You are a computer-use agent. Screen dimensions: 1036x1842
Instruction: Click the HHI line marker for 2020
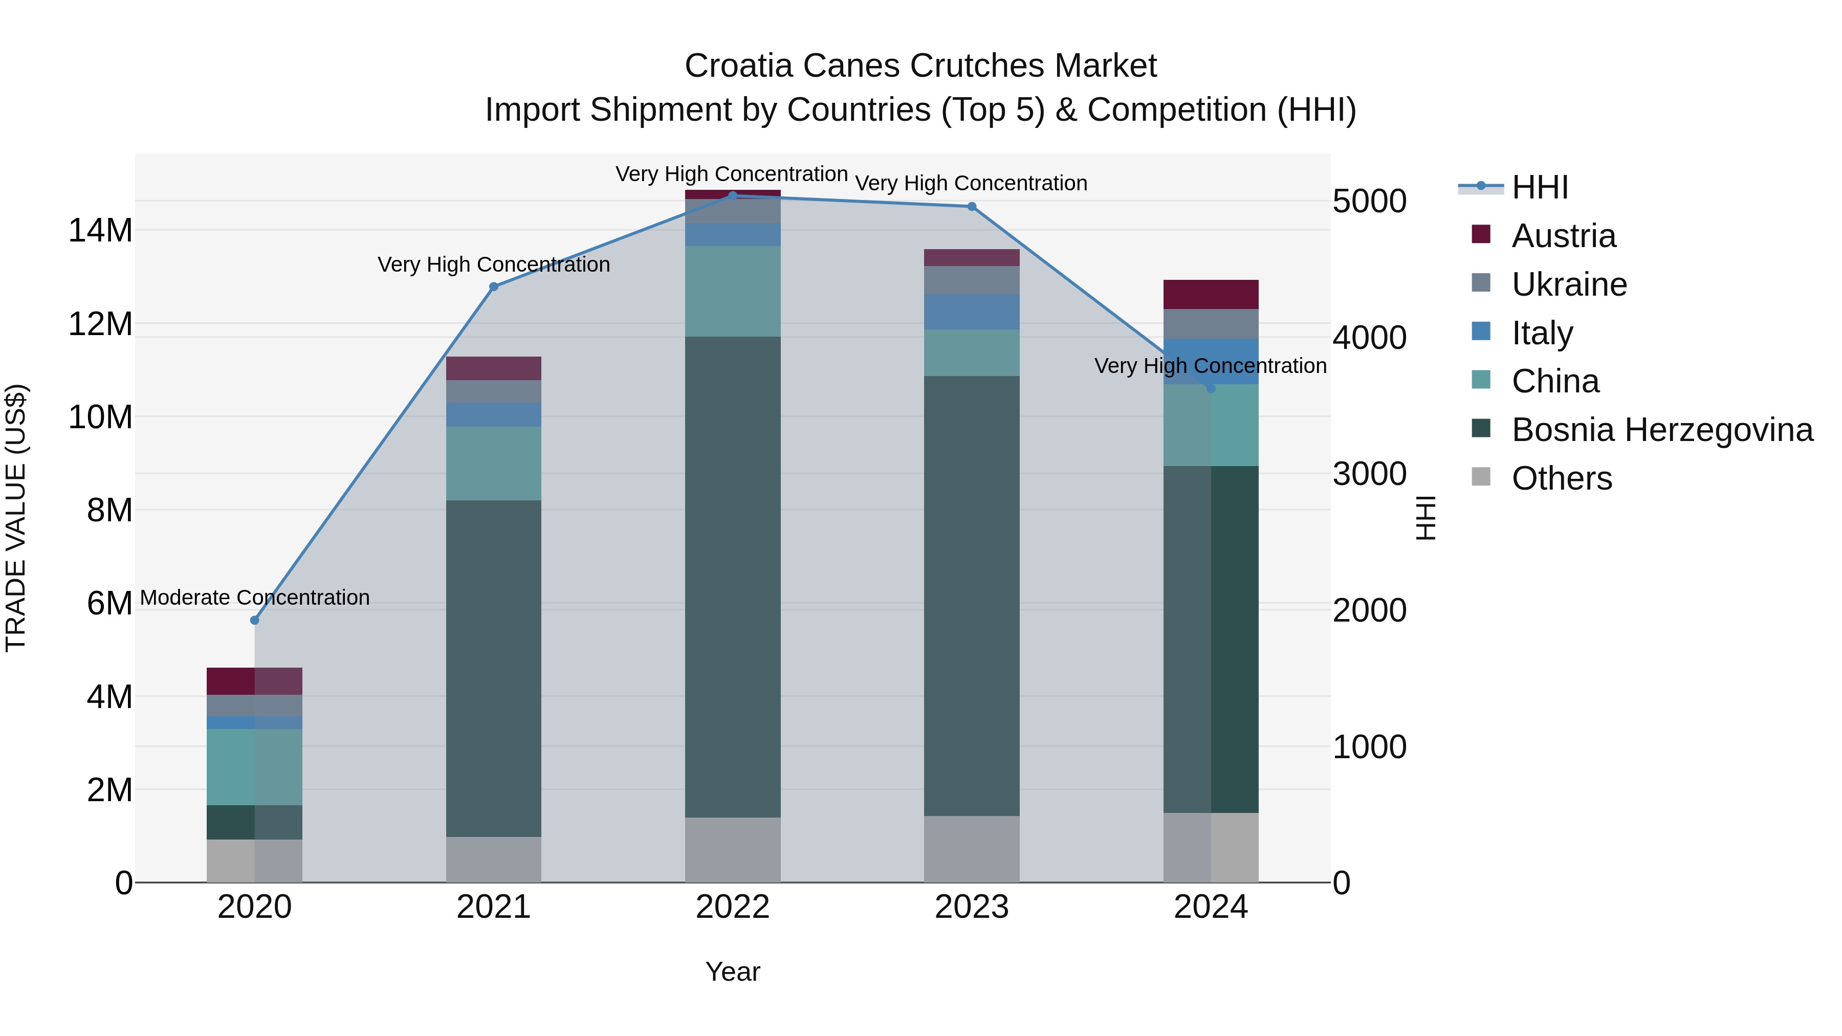click(255, 620)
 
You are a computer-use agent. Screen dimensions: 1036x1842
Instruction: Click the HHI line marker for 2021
click(493, 286)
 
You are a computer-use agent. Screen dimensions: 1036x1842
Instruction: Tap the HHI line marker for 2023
click(972, 207)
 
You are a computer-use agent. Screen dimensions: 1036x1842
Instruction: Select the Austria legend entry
click(1563, 236)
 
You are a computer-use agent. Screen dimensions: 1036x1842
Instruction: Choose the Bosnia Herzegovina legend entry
click(1662, 430)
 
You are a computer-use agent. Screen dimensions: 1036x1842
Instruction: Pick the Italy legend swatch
click(1481, 332)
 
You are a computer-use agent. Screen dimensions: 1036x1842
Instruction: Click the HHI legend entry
click(1540, 187)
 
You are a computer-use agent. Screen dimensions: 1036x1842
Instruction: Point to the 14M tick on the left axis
click(100, 231)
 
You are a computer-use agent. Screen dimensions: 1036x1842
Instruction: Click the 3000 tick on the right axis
click(1369, 474)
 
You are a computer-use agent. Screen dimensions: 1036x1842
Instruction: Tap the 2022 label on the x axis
click(732, 907)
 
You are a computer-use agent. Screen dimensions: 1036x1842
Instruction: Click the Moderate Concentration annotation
click(255, 598)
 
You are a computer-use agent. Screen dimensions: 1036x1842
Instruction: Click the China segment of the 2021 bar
click(493, 464)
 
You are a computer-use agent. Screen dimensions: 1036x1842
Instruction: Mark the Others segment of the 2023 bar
click(972, 849)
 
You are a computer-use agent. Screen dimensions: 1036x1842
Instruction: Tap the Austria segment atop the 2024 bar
click(1211, 295)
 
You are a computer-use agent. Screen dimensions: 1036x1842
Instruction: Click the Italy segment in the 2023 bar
click(972, 312)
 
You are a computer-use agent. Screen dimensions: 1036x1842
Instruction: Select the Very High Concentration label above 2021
click(493, 264)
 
